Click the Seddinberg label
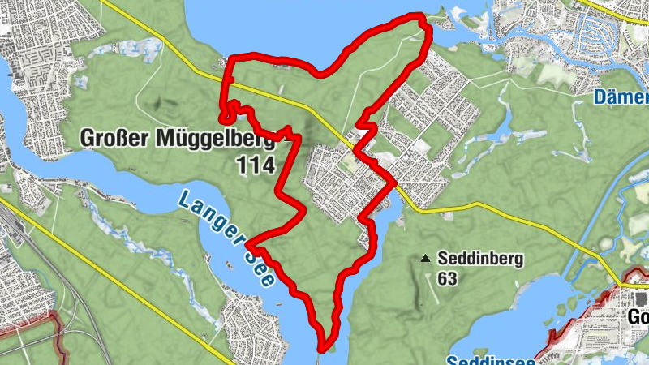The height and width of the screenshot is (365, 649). click(480, 260)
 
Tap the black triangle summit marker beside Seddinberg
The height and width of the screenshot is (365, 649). click(425, 260)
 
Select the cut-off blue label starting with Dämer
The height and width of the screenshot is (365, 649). click(621, 98)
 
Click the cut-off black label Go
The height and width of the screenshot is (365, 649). click(638, 316)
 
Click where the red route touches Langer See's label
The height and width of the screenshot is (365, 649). click(250, 243)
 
